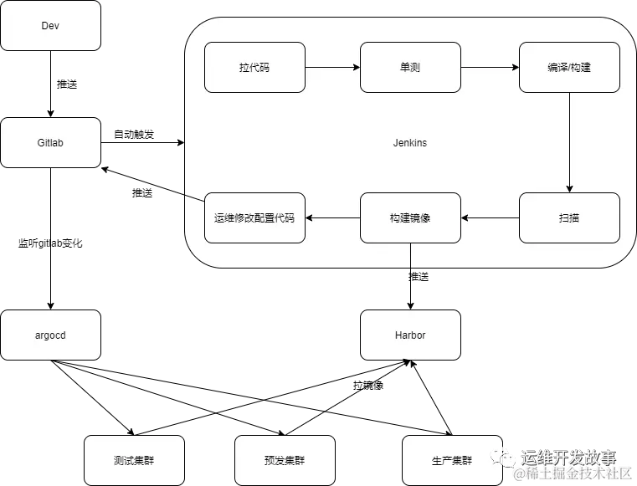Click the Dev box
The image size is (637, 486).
pos(50,26)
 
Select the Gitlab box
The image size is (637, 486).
pos(50,142)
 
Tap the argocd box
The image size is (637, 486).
pos(50,335)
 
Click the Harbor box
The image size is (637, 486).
pos(410,335)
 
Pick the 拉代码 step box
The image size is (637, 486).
pos(254,67)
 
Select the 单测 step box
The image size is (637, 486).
pos(410,67)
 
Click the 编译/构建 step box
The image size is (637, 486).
pos(569,67)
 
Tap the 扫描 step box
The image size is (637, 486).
pos(569,217)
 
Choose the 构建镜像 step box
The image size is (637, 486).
pos(410,217)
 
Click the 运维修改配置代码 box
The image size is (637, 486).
pos(254,217)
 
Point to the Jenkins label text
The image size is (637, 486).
pos(410,143)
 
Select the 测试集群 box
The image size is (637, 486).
pos(134,460)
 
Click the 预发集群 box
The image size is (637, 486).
pos(285,460)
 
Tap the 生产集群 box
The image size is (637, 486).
pos(452,460)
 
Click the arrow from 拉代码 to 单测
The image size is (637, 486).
pos(332,67)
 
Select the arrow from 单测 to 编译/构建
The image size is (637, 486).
pos(490,67)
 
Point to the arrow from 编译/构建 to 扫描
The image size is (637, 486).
pos(569,142)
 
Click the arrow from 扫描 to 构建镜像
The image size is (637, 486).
pos(490,217)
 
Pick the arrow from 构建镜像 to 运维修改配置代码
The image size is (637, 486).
pos(332,217)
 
